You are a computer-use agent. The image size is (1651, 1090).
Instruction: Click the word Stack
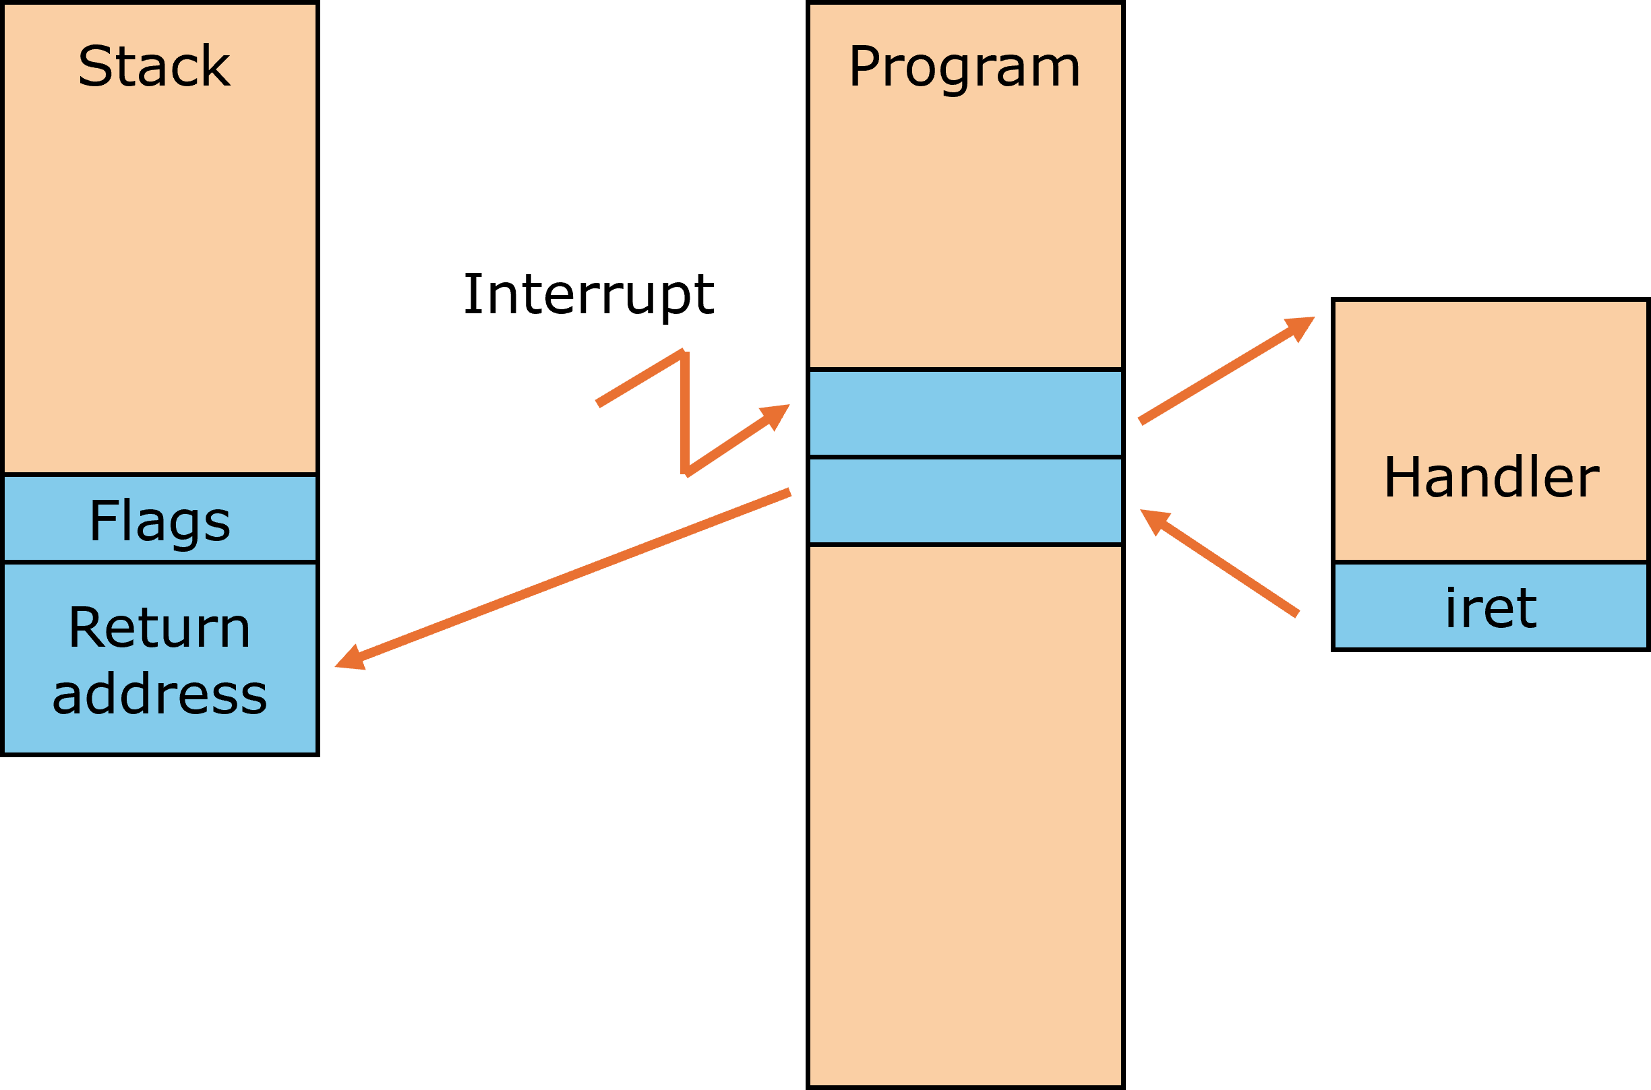[x=154, y=67]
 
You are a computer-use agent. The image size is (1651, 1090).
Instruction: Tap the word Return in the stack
[x=159, y=628]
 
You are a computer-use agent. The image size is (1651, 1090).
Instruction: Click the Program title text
[x=965, y=68]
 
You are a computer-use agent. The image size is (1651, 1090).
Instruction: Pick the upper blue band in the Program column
[x=965, y=413]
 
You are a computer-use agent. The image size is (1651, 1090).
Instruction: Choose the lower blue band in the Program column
[x=965, y=501]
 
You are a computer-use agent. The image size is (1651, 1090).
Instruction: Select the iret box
[x=1491, y=606]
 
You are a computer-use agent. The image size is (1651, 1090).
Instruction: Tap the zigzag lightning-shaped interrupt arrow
[x=685, y=413]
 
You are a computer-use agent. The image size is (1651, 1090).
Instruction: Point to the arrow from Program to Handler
[x=1224, y=370]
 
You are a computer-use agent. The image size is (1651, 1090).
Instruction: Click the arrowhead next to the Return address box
[x=351, y=658]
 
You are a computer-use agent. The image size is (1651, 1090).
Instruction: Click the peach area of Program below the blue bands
[x=965, y=813]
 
